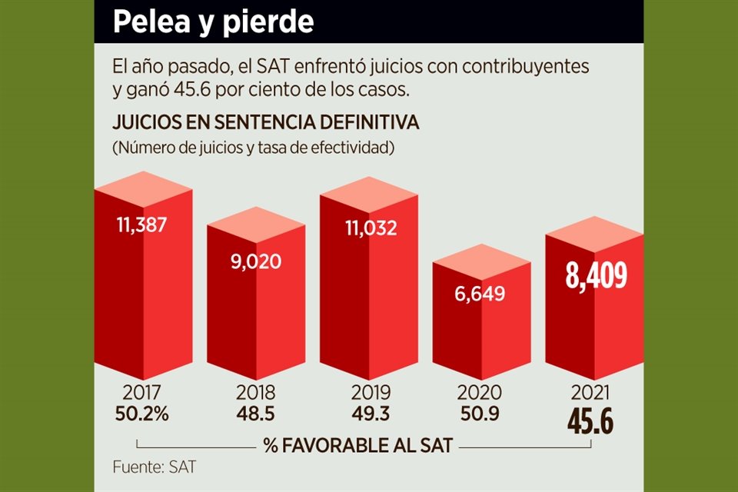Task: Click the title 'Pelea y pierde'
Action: pyautogui.click(x=213, y=22)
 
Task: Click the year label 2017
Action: pyautogui.click(x=141, y=392)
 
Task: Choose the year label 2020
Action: pyautogui.click(x=480, y=392)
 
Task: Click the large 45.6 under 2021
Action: pyautogui.click(x=594, y=421)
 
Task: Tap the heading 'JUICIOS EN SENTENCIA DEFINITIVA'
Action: pyautogui.click(x=265, y=123)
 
